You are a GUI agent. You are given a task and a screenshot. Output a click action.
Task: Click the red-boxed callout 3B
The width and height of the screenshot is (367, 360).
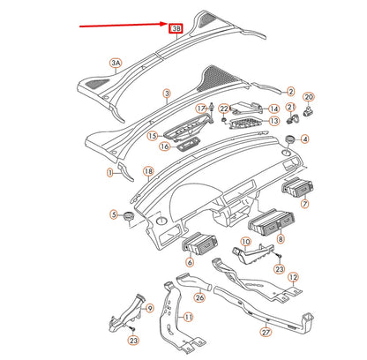[176, 28]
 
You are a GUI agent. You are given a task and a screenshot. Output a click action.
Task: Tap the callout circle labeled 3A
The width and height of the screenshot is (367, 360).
[116, 63]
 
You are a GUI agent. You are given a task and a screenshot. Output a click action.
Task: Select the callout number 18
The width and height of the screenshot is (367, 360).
[148, 171]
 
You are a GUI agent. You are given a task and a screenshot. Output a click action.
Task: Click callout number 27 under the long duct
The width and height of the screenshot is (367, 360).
[266, 333]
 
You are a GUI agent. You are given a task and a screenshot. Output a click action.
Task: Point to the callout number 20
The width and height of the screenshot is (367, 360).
[309, 97]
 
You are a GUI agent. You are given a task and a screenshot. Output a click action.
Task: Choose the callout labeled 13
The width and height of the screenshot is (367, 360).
[274, 121]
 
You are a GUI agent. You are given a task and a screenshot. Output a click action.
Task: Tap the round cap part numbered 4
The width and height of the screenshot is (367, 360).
[291, 139]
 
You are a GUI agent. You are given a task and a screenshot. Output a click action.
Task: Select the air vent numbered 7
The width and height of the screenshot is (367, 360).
[297, 188]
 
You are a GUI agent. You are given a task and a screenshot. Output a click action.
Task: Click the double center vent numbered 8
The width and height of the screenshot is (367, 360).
[271, 222]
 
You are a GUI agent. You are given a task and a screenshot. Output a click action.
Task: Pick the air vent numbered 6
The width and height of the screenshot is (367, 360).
[200, 244]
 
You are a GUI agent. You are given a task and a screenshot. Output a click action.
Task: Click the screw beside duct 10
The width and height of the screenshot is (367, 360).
[279, 257]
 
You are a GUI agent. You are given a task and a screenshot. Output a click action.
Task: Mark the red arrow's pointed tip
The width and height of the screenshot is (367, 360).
[168, 24]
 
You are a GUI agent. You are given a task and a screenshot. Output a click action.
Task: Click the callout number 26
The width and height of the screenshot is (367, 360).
[199, 297]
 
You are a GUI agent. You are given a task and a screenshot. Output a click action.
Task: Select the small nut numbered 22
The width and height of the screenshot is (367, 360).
[223, 119]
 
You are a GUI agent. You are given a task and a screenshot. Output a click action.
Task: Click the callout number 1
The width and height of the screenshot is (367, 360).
[110, 173]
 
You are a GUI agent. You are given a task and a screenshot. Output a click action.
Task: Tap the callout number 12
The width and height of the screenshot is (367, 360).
[293, 277]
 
